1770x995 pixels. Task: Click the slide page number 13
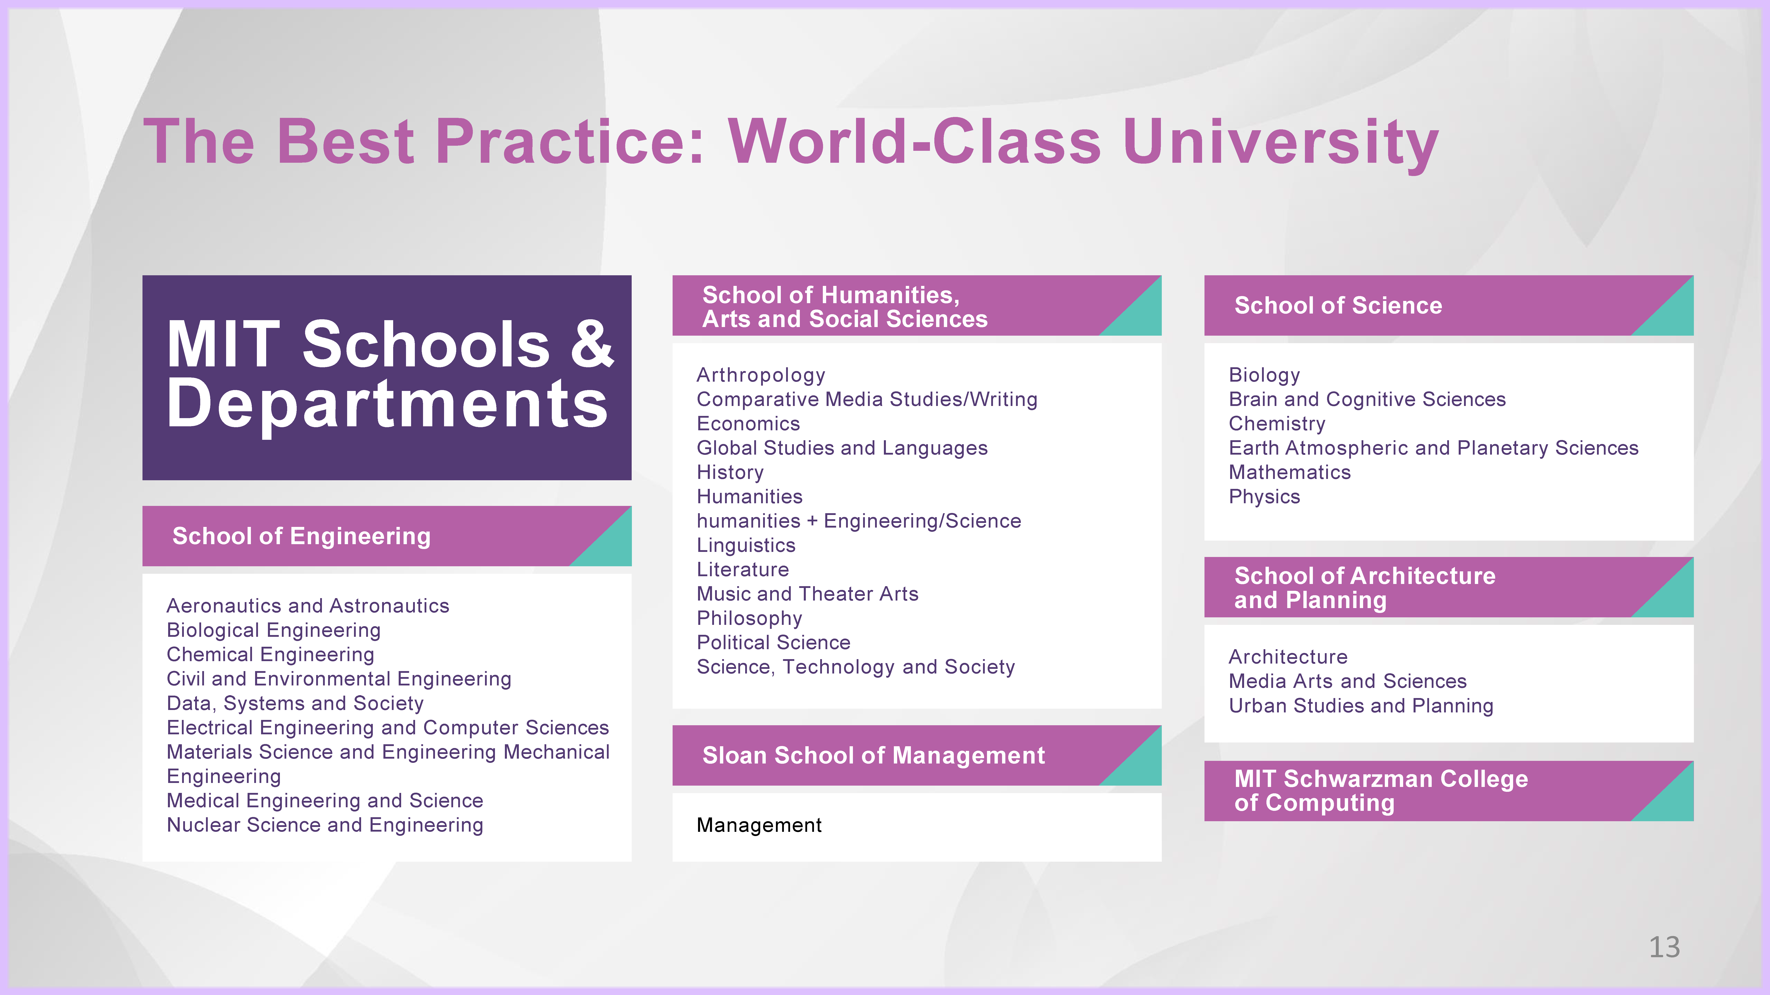pyautogui.click(x=1664, y=947)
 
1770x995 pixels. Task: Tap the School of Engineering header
pyautogui.click(x=302, y=536)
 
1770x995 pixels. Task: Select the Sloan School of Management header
pyautogui.click(x=873, y=755)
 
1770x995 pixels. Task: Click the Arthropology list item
pyautogui.click(x=761, y=375)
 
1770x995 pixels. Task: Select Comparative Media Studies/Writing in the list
pyautogui.click(x=867, y=399)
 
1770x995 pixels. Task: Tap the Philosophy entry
pyautogui.click(x=749, y=618)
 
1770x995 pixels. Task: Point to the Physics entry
pyautogui.click(x=1264, y=496)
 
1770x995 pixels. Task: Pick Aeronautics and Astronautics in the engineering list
pyautogui.click(x=308, y=606)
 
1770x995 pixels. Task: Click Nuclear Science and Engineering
pyautogui.click(x=325, y=825)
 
